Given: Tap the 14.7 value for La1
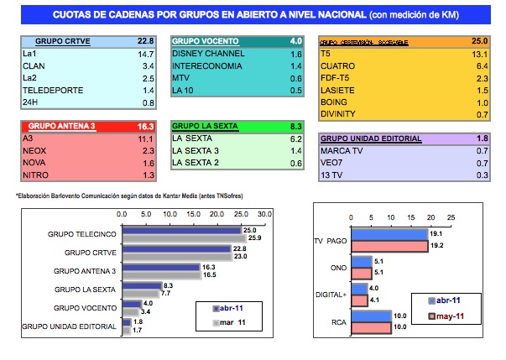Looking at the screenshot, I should (144, 53).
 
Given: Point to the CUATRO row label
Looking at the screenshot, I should (339, 65).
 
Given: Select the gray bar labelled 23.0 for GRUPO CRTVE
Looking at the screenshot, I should (176, 254).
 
